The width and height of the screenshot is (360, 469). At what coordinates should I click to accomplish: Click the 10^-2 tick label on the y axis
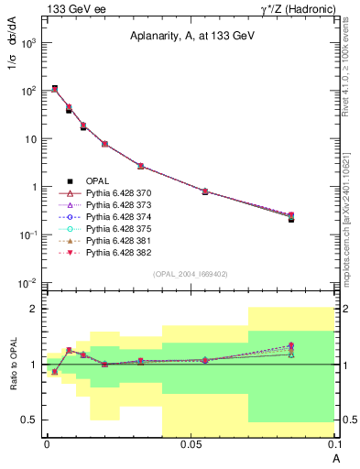coord(28,282)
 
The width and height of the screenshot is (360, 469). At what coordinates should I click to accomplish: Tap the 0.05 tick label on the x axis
coord(191,444)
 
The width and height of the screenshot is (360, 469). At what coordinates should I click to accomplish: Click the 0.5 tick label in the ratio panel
coord(30,420)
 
